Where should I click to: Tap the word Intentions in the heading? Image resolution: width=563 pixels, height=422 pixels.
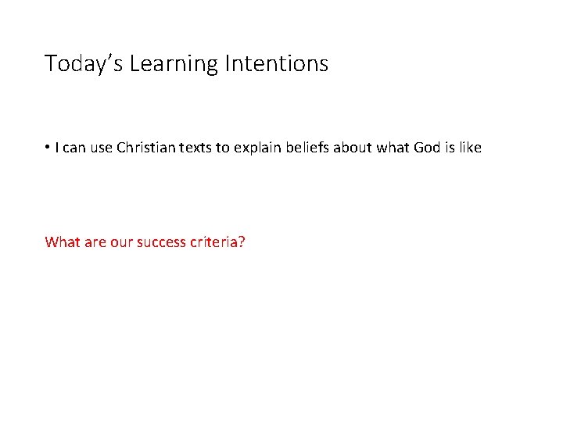tap(276, 63)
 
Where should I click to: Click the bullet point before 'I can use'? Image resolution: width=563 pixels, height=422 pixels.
tap(48, 146)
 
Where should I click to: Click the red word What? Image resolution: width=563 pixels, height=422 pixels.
tap(61, 241)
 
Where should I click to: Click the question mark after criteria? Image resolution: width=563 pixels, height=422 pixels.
tap(242, 241)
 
